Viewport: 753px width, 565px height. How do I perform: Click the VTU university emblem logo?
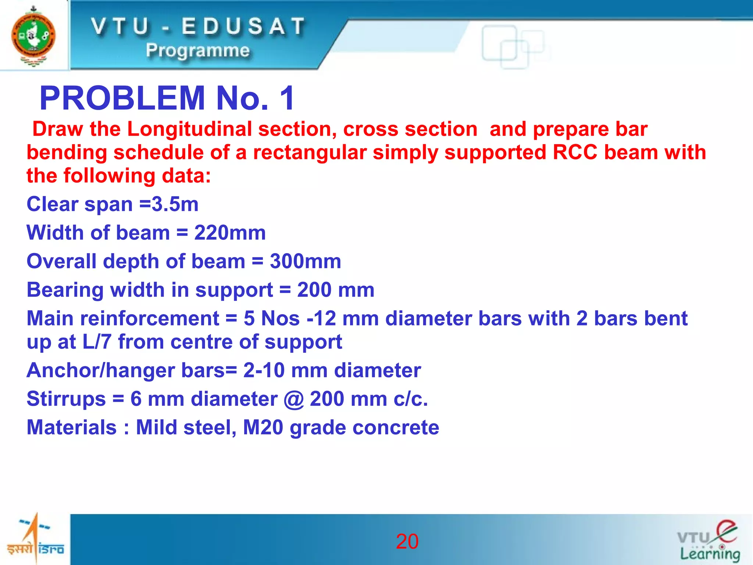(33, 36)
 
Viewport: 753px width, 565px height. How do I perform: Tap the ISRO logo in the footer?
(35, 539)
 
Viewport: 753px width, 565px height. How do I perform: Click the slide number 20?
(407, 541)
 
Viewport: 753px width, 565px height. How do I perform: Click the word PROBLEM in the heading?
(122, 98)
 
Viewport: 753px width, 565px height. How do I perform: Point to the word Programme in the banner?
(198, 50)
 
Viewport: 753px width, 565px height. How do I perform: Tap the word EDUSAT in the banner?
(243, 27)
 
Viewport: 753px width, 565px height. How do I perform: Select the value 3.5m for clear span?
(175, 204)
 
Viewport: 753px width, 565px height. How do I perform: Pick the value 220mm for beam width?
(230, 233)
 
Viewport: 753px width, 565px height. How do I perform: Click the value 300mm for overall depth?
(305, 261)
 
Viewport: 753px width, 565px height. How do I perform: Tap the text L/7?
(97, 342)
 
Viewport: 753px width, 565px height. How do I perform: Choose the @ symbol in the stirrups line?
(293, 399)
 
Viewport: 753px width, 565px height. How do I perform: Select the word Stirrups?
(66, 399)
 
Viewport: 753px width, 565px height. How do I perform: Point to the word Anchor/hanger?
(100, 370)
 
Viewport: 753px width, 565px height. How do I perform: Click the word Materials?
(72, 427)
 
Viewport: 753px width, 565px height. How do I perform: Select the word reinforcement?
(150, 319)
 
